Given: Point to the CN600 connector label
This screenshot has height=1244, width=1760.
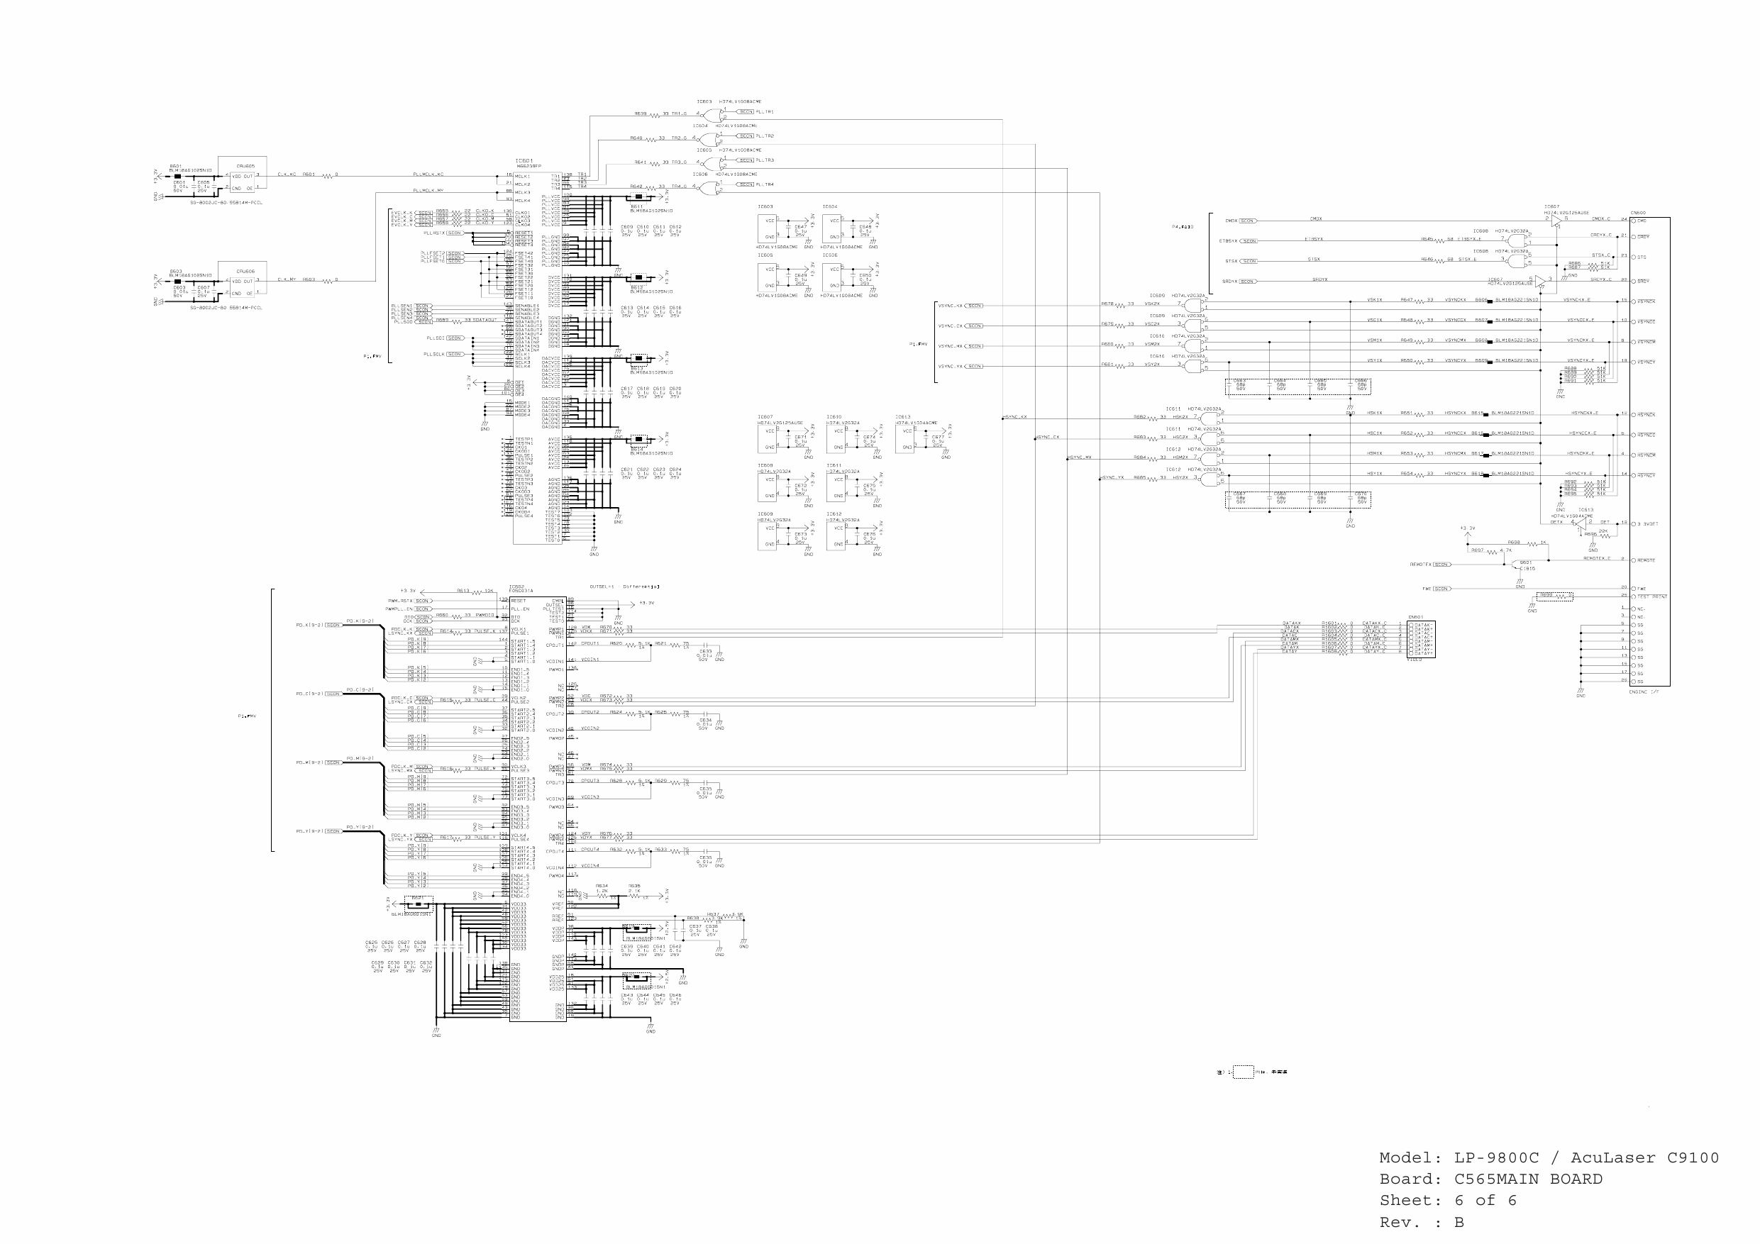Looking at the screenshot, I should [1637, 213].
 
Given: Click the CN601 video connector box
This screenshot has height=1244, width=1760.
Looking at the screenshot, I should [1420, 638].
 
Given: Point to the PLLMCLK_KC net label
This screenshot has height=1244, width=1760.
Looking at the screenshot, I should [428, 174].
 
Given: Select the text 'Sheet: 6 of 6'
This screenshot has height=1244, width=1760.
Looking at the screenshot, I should [1447, 1199].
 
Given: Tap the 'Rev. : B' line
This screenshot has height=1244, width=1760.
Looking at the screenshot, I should [1421, 1222].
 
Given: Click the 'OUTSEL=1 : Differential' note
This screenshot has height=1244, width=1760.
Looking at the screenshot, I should [625, 587].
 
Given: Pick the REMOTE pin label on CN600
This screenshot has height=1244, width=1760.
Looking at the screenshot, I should [1646, 560].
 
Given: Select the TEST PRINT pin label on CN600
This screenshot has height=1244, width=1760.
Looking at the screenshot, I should [1652, 596].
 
